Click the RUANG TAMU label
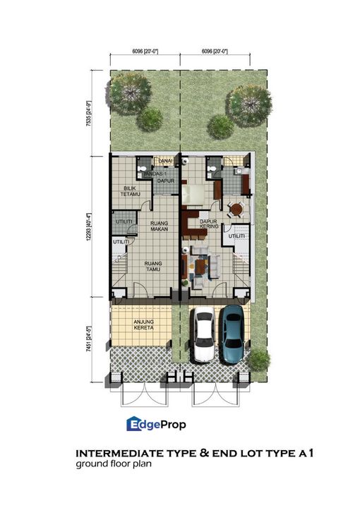tap(154, 265)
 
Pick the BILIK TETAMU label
tap(129, 191)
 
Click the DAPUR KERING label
tap(208, 224)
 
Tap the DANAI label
tap(167, 161)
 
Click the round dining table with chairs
tap(236, 209)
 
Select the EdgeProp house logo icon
tap(134, 423)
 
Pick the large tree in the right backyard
tap(249, 104)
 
